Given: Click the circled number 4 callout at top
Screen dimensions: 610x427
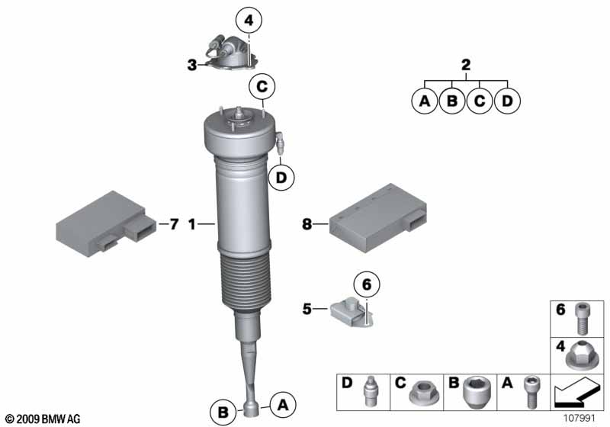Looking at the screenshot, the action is point(249,21).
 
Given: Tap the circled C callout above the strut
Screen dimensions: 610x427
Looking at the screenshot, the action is point(262,86).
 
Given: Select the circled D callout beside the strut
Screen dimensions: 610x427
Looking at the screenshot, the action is point(281,178).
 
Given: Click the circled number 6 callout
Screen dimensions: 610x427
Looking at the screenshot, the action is point(367,284).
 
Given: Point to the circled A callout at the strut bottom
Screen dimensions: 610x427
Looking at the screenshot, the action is point(283,405).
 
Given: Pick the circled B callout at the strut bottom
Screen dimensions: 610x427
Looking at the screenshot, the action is point(223,412).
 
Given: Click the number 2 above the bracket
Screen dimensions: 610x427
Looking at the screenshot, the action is point(466,65).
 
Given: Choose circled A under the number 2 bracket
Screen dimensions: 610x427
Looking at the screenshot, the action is point(425,101).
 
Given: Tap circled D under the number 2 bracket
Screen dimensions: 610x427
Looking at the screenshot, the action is point(507,101).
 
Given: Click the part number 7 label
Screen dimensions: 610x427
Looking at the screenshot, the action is point(174,224).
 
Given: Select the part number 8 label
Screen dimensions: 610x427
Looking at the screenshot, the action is point(307,224).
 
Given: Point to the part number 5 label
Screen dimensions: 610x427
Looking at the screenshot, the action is point(307,309).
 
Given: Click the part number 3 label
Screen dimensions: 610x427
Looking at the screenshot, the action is point(192,65).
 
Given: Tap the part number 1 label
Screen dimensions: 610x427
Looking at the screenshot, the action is point(192,224).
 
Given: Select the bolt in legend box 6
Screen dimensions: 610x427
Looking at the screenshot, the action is point(581,319).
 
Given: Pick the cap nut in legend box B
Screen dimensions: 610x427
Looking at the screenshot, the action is point(476,392).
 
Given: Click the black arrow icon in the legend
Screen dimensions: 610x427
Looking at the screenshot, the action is point(576,393).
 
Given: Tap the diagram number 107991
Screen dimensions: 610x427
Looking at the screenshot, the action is point(579,419).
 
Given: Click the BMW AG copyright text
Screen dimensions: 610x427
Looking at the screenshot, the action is point(43,419).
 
